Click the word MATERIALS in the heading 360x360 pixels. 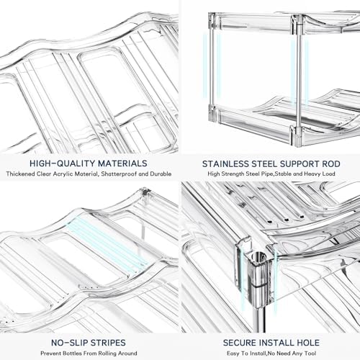point(122,163)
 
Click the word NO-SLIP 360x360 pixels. point(68,343)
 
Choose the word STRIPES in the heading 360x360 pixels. point(107,343)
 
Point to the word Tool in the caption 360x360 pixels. point(310,354)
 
